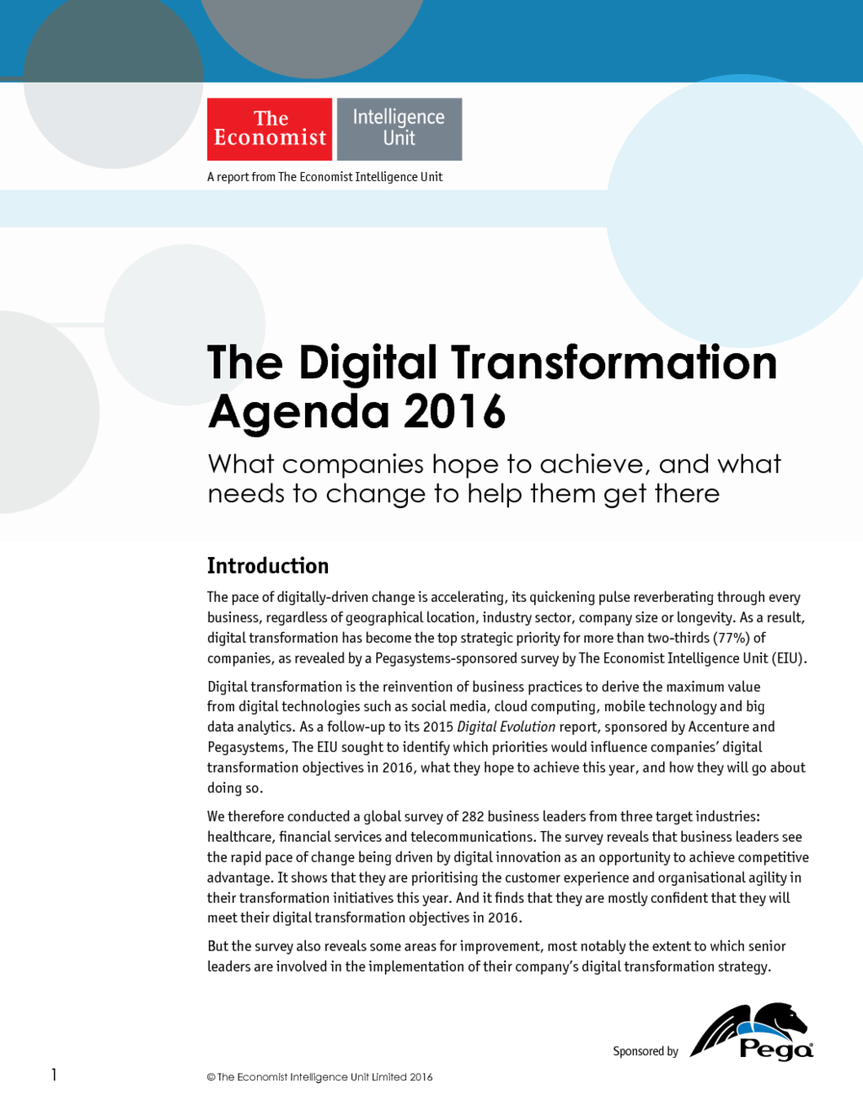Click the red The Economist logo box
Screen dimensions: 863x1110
270,129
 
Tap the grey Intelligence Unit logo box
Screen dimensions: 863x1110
399,129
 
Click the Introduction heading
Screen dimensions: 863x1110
268,566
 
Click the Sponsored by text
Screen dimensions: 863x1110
646,1051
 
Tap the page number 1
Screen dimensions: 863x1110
54,1075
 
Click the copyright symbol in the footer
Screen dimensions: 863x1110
211,1077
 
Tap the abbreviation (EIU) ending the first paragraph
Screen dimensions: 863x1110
790,658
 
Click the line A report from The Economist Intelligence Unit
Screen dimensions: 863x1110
324,177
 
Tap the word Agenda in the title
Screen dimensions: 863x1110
298,414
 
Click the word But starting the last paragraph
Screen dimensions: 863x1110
217,946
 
